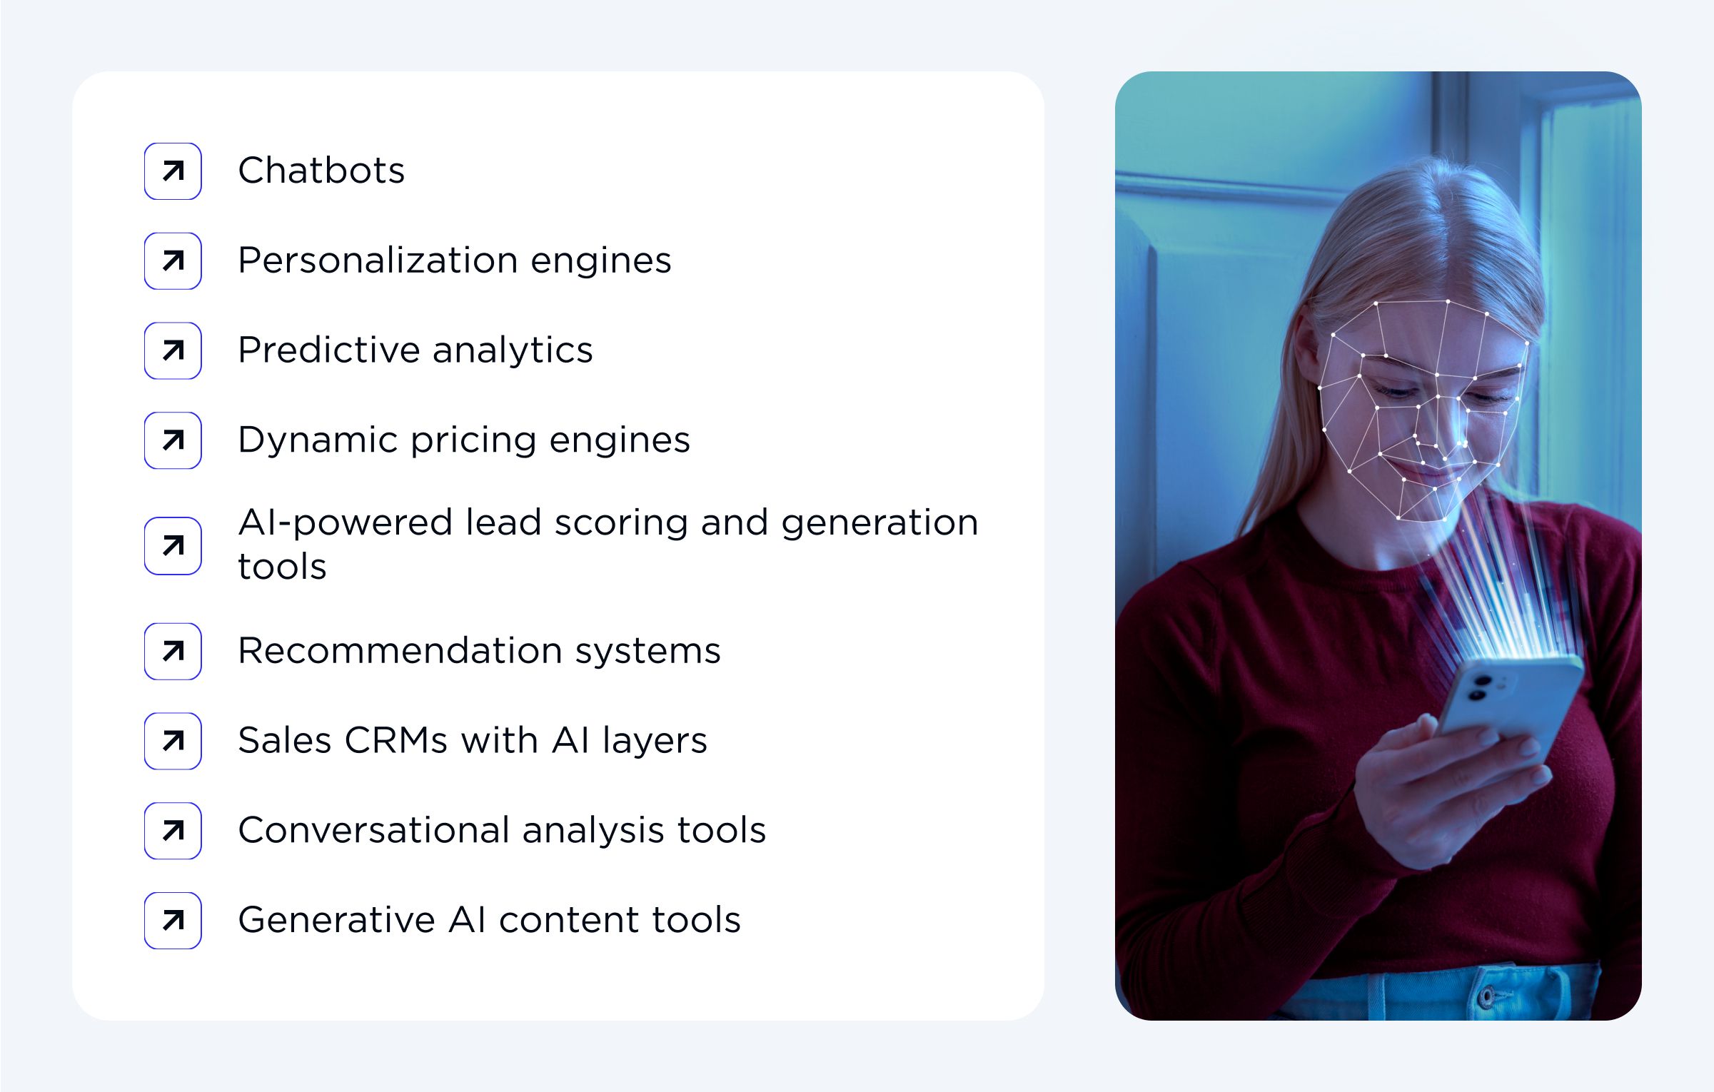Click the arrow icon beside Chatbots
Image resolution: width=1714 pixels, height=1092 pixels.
click(x=173, y=171)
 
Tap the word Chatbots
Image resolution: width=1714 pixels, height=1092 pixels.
click(x=321, y=171)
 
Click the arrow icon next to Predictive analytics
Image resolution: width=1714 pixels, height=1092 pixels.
click(x=173, y=350)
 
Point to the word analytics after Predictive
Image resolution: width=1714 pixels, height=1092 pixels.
click(x=513, y=350)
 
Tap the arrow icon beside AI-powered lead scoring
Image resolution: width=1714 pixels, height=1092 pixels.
click(x=173, y=546)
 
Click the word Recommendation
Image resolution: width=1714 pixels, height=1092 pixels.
click(x=400, y=651)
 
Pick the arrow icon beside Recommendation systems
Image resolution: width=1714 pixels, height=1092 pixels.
click(x=173, y=651)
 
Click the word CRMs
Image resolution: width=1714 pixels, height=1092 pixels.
click(x=397, y=740)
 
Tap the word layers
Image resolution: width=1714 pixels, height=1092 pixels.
click(x=655, y=742)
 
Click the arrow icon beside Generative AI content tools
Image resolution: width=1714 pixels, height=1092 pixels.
click(x=173, y=920)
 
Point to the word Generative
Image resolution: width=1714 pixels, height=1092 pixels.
click(x=336, y=920)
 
